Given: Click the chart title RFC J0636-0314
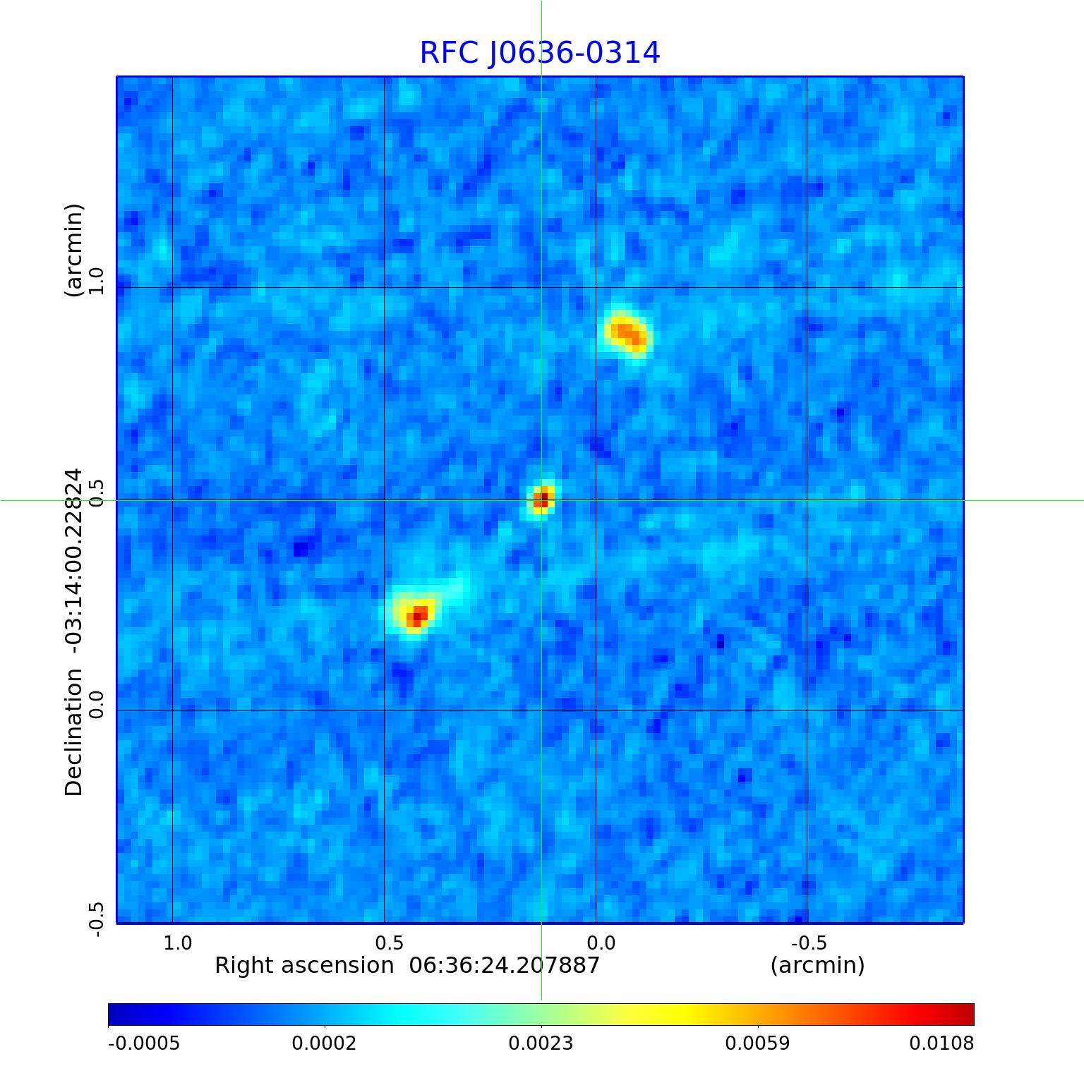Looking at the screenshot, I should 540,53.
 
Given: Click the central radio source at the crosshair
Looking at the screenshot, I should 541,499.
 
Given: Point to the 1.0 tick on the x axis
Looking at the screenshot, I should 178,943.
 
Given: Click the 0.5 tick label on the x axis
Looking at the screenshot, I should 389,943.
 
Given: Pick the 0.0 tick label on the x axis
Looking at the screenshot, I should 601,943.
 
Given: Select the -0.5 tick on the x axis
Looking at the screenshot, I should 809,943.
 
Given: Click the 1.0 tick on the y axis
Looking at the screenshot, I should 97,281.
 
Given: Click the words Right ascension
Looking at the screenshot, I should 304,965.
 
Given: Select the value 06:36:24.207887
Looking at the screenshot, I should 505,965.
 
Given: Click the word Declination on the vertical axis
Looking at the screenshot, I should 74,732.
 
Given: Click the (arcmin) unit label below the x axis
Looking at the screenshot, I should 817,965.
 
